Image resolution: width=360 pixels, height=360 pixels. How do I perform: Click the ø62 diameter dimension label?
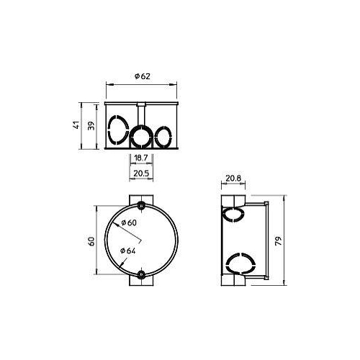click(x=141, y=76)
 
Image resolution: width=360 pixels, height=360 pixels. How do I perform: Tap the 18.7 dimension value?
click(x=141, y=158)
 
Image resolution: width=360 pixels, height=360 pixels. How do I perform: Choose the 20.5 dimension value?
click(x=141, y=174)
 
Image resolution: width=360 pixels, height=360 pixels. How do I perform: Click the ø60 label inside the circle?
click(x=130, y=222)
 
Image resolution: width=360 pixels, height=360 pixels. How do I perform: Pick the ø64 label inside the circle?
click(x=130, y=250)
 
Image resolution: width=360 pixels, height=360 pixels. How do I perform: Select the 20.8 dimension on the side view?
click(x=233, y=178)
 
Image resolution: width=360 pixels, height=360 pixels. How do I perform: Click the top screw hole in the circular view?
click(x=141, y=207)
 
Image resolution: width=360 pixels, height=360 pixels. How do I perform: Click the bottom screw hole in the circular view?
click(x=141, y=274)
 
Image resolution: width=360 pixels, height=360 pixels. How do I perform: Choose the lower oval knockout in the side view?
click(x=233, y=264)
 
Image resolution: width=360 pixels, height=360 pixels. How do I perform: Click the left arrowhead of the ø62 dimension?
click(x=109, y=85)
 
